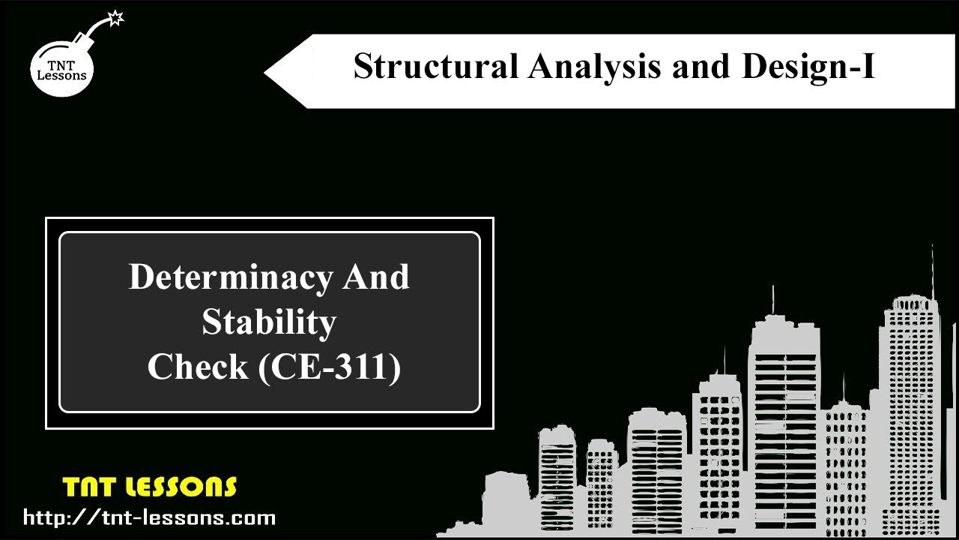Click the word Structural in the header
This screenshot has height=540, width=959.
point(435,66)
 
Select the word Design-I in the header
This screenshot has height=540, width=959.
point(808,66)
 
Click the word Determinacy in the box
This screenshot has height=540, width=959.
point(230,277)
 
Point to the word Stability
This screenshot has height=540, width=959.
point(269,322)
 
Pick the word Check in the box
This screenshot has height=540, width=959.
point(197,367)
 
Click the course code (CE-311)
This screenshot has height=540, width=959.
point(329,367)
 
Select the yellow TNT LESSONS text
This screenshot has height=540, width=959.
point(150,487)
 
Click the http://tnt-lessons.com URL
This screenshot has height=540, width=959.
point(149,517)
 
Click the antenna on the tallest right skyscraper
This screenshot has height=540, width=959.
point(932,270)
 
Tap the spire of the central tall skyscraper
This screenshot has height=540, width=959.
point(773,300)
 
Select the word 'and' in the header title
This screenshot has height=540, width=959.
point(701,66)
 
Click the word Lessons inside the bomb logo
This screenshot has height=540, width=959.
point(62,75)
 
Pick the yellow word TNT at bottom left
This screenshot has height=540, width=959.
point(88,487)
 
